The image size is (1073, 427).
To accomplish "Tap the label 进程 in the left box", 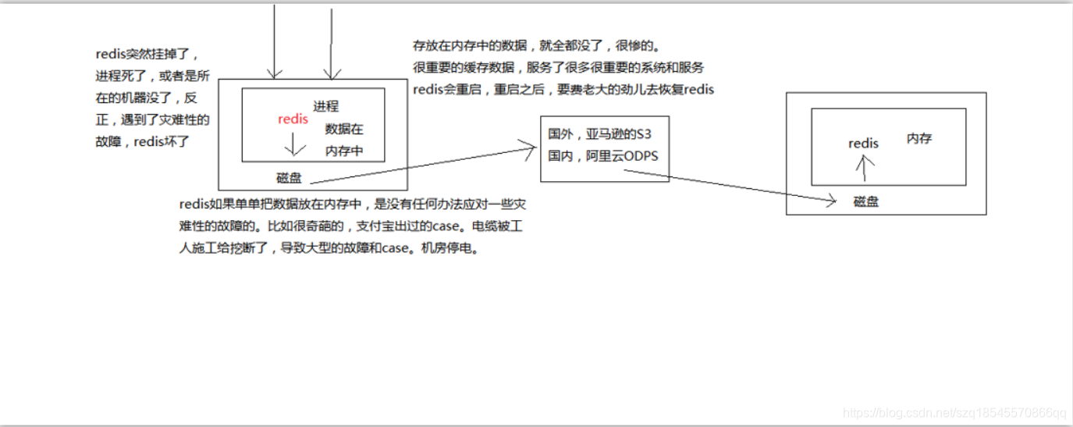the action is (x=326, y=106).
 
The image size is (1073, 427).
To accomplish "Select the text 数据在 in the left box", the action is (x=344, y=129).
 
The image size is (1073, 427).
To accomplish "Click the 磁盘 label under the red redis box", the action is (x=289, y=178).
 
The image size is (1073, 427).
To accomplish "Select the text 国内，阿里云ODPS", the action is (x=602, y=156).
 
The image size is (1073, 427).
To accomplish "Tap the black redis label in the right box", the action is (x=863, y=144).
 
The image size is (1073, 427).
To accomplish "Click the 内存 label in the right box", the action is (x=919, y=138).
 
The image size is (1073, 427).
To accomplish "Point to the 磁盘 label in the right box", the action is (x=866, y=201).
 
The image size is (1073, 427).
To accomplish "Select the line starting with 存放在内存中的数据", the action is (x=542, y=46).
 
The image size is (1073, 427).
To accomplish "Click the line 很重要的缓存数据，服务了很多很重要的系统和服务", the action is (x=559, y=68).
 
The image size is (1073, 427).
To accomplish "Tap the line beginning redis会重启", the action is (x=563, y=90).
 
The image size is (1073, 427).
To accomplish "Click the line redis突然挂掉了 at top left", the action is (x=147, y=55).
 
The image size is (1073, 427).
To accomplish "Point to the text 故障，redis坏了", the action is (x=141, y=142).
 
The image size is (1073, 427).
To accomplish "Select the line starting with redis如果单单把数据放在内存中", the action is (x=352, y=205).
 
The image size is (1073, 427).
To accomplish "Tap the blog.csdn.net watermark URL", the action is (x=955, y=412).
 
